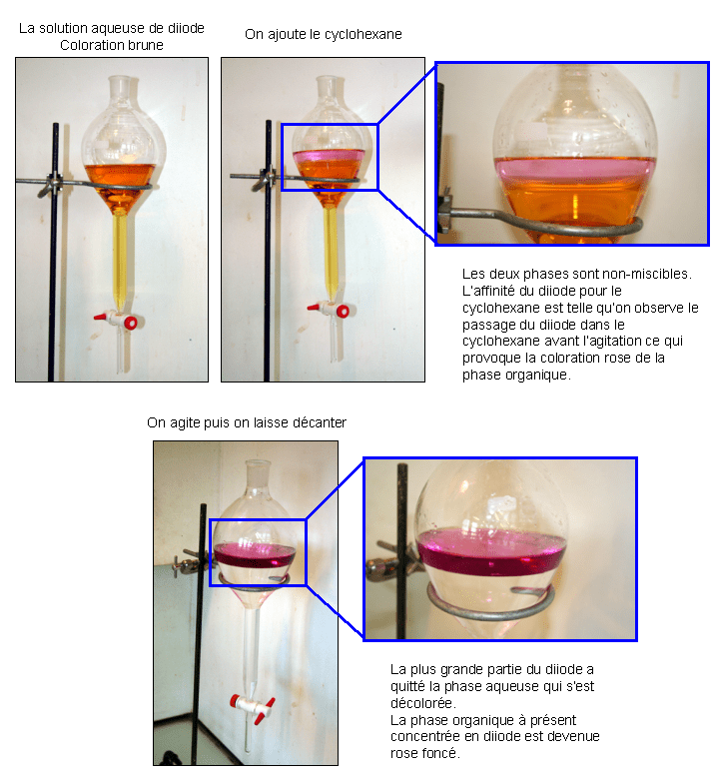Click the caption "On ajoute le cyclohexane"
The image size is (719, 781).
click(x=324, y=34)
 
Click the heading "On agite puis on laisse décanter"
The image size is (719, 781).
click(x=247, y=422)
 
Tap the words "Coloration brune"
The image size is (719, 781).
click(x=112, y=45)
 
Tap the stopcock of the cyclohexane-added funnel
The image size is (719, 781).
click(x=331, y=310)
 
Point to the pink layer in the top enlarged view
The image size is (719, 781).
click(x=575, y=171)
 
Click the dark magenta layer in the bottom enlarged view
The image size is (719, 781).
click(x=491, y=552)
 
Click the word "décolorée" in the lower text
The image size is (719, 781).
click(x=422, y=703)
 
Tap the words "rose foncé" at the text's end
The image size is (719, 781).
click(x=423, y=753)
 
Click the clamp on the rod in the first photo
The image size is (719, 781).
click(x=51, y=186)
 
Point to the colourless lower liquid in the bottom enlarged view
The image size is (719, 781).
click(x=490, y=597)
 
